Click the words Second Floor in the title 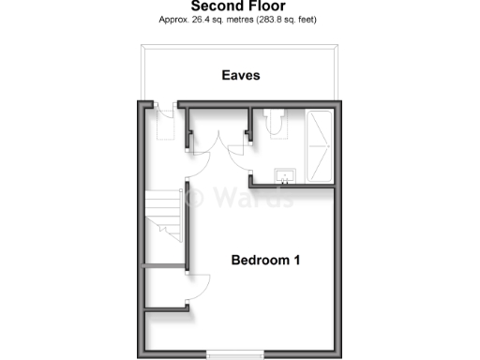(239, 6)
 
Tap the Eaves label (240, 75)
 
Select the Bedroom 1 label (265, 259)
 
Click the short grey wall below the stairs (165, 267)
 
